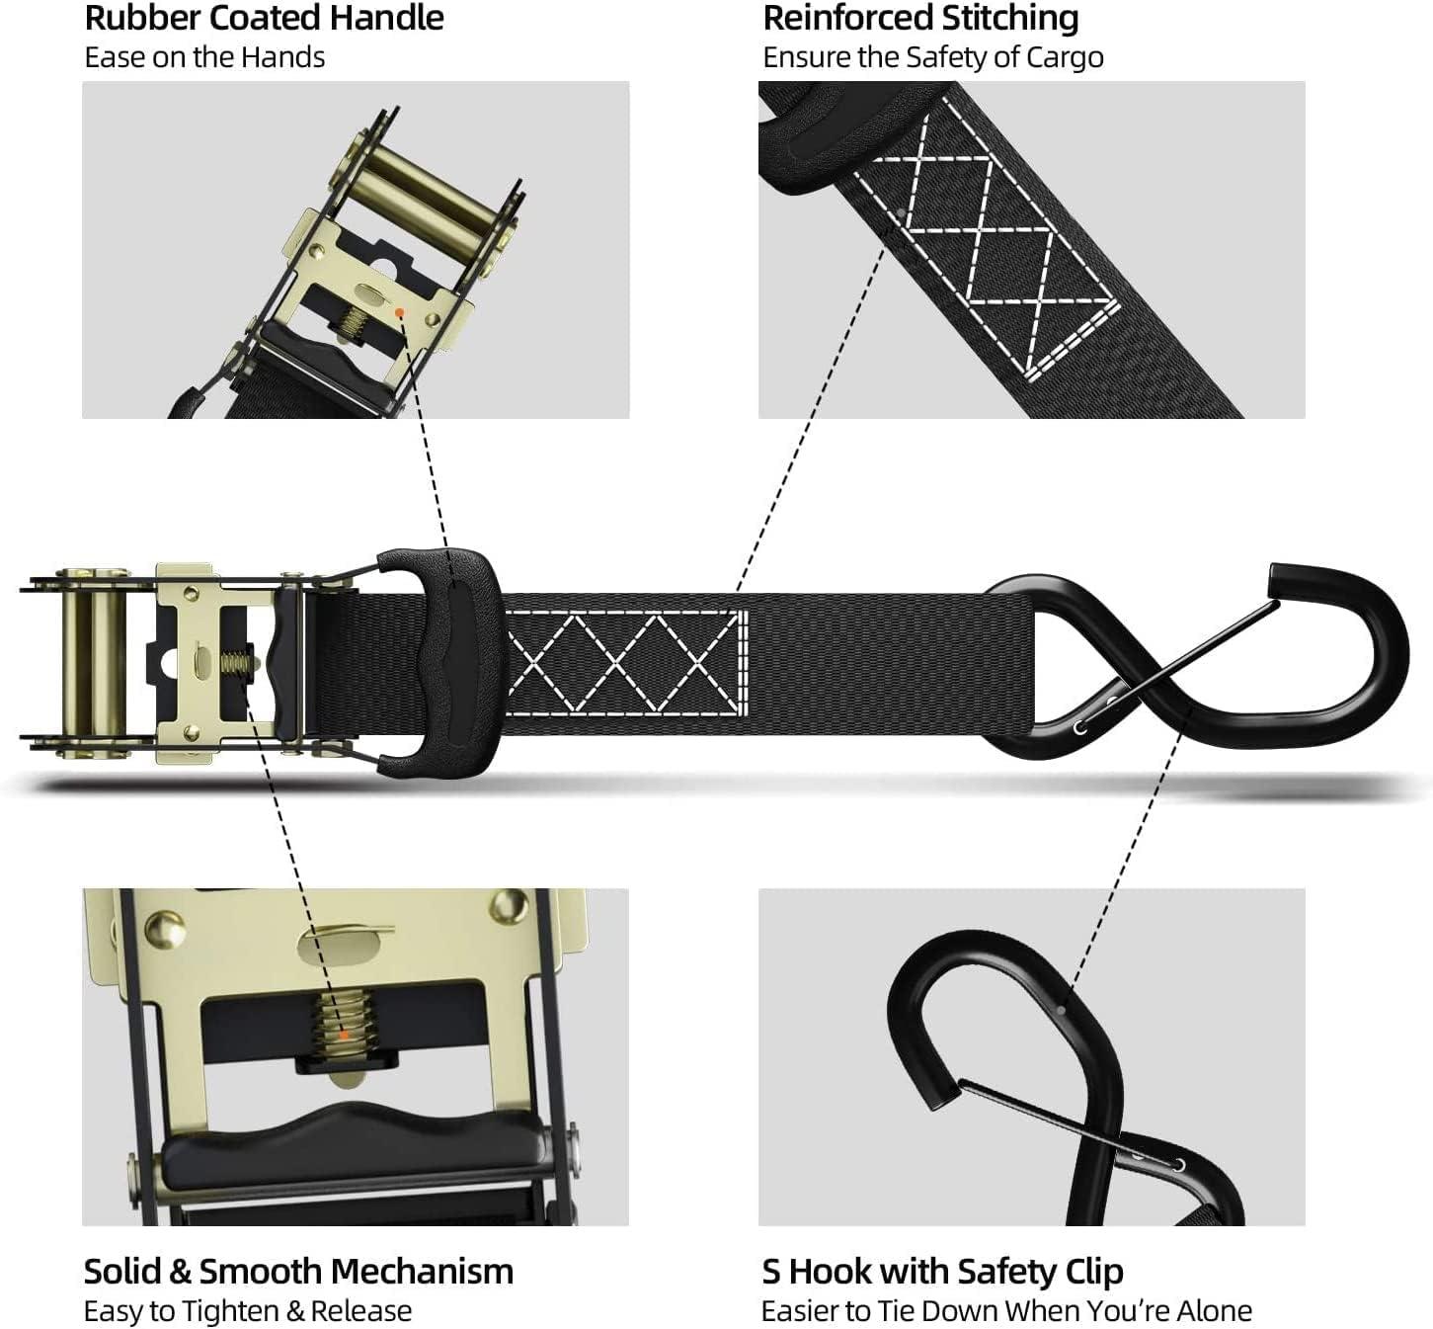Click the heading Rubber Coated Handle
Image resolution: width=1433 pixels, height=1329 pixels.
point(264,18)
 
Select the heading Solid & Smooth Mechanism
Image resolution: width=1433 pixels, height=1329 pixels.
point(298,1272)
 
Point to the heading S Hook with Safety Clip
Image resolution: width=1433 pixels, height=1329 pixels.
point(942,1273)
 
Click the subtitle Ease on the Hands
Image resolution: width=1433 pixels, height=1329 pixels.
point(204,57)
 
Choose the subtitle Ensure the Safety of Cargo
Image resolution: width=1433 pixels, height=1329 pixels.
point(933,58)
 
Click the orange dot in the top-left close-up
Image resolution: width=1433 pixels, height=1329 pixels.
point(399,312)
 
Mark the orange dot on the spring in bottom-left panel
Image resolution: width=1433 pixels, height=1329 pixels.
point(345,1035)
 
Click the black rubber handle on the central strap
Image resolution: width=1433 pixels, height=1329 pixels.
point(439,664)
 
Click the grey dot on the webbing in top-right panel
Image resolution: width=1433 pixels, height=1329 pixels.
point(902,213)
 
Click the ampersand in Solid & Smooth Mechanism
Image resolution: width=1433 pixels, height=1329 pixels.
point(181,1272)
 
